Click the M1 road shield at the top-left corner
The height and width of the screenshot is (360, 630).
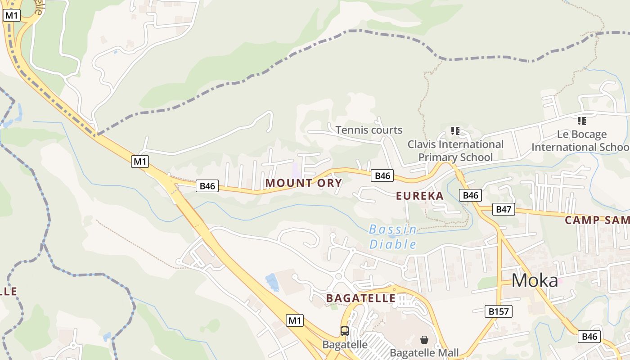click(x=12, y=15)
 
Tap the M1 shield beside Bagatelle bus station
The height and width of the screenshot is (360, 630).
click(x=295, y=320)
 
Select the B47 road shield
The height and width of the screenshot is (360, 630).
click(x=504, y=209)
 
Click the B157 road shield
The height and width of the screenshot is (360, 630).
click(x=499, y=311)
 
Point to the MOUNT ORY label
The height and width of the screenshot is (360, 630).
click(x=304, y=183)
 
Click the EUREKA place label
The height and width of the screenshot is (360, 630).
click(x=420, y=196)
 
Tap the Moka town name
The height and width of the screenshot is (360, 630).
click(x=535, y=281)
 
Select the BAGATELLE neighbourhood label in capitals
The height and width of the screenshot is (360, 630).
click(x=361, y=298)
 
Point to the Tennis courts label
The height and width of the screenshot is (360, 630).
click(x=369, y=130)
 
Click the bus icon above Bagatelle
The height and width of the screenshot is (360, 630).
click(x=345, y=331)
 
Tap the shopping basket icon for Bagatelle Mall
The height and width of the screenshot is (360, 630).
click(x=424, y=339)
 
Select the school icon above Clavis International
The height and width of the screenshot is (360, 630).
click(x=455, y=131)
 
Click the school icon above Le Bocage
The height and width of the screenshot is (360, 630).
click(x=581, y=121)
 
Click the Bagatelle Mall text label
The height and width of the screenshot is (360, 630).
click(x=424, y=353)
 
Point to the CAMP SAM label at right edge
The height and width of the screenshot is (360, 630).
click(x=597, y=220)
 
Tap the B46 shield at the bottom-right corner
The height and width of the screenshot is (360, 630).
click(x=589, y=337)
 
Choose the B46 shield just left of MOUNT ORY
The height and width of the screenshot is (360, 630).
click(x=207, y=186)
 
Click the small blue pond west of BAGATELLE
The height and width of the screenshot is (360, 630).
click(x=272, y=282)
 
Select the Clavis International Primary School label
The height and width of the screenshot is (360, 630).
click(x=455, y=151)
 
